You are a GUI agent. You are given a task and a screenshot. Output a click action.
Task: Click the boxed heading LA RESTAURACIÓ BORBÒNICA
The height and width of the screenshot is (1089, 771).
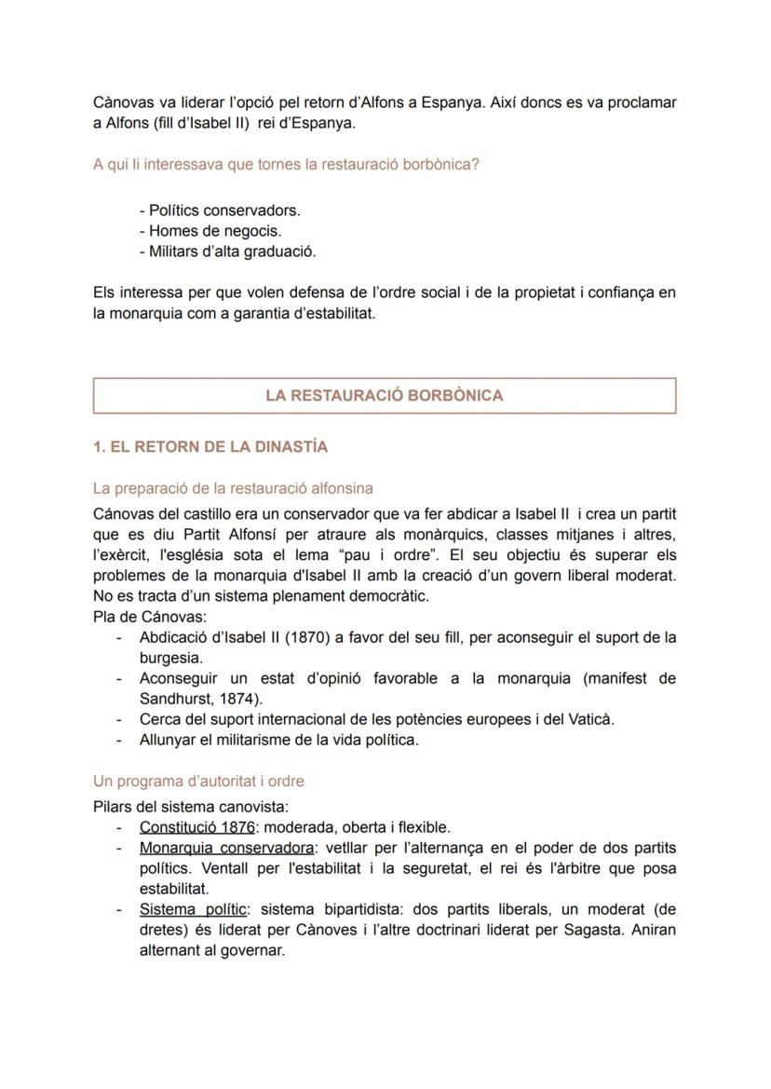pos(384,395)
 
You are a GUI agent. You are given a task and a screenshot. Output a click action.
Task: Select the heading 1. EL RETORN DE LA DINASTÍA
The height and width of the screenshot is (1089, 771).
pos(210,447)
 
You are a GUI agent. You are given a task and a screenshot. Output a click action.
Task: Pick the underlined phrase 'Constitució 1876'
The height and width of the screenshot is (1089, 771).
pos(196,827)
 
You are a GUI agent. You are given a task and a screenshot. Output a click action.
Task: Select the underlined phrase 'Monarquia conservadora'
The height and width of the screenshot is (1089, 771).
pos(225,848)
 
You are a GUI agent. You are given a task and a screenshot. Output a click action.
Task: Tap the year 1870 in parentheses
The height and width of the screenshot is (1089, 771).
pos(302,638)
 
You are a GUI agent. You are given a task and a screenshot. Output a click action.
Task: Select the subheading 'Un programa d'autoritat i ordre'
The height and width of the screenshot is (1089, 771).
pos(198,781)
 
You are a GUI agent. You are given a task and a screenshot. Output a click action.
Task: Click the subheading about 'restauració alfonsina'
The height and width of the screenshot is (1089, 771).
pos(233,488)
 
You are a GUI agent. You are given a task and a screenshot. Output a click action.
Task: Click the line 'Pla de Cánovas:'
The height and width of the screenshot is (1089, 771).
pos(150,617)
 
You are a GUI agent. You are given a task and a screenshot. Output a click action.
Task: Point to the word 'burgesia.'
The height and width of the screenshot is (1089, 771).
pos(170,658)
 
